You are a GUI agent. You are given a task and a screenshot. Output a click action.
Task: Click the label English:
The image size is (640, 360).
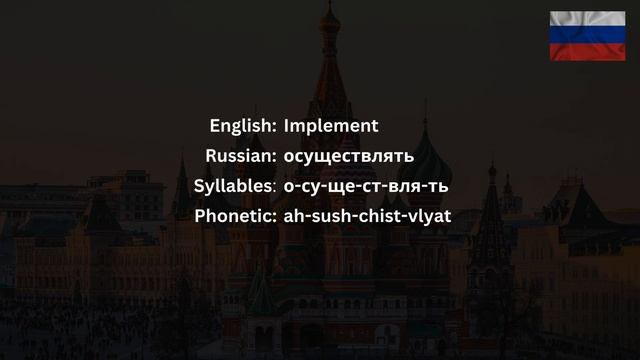243,126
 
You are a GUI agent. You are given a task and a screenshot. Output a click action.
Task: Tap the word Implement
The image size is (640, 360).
331,126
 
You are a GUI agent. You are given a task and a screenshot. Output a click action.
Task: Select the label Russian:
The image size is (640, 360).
241,155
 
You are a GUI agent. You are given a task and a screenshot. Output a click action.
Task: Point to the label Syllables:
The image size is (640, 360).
235,185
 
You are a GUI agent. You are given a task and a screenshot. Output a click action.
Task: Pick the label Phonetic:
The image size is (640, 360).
236,214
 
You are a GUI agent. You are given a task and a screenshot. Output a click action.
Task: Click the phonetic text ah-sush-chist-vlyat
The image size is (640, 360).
368,214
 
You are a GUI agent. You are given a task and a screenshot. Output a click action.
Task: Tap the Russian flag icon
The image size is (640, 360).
587,36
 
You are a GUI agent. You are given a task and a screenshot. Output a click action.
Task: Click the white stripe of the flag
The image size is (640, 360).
587,20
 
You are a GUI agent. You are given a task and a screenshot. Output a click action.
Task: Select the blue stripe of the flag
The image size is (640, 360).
587,36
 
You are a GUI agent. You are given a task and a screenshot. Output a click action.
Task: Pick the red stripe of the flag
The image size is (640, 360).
587,51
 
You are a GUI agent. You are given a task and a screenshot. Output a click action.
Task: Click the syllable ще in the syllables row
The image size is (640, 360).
341,186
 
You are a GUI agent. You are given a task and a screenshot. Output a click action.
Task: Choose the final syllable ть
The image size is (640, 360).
439,186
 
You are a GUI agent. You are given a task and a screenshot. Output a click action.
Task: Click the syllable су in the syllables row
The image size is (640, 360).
311,186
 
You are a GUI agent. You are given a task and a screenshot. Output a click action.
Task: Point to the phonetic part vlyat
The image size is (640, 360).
430,214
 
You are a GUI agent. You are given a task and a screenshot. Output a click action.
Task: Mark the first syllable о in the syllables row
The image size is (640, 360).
289,187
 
